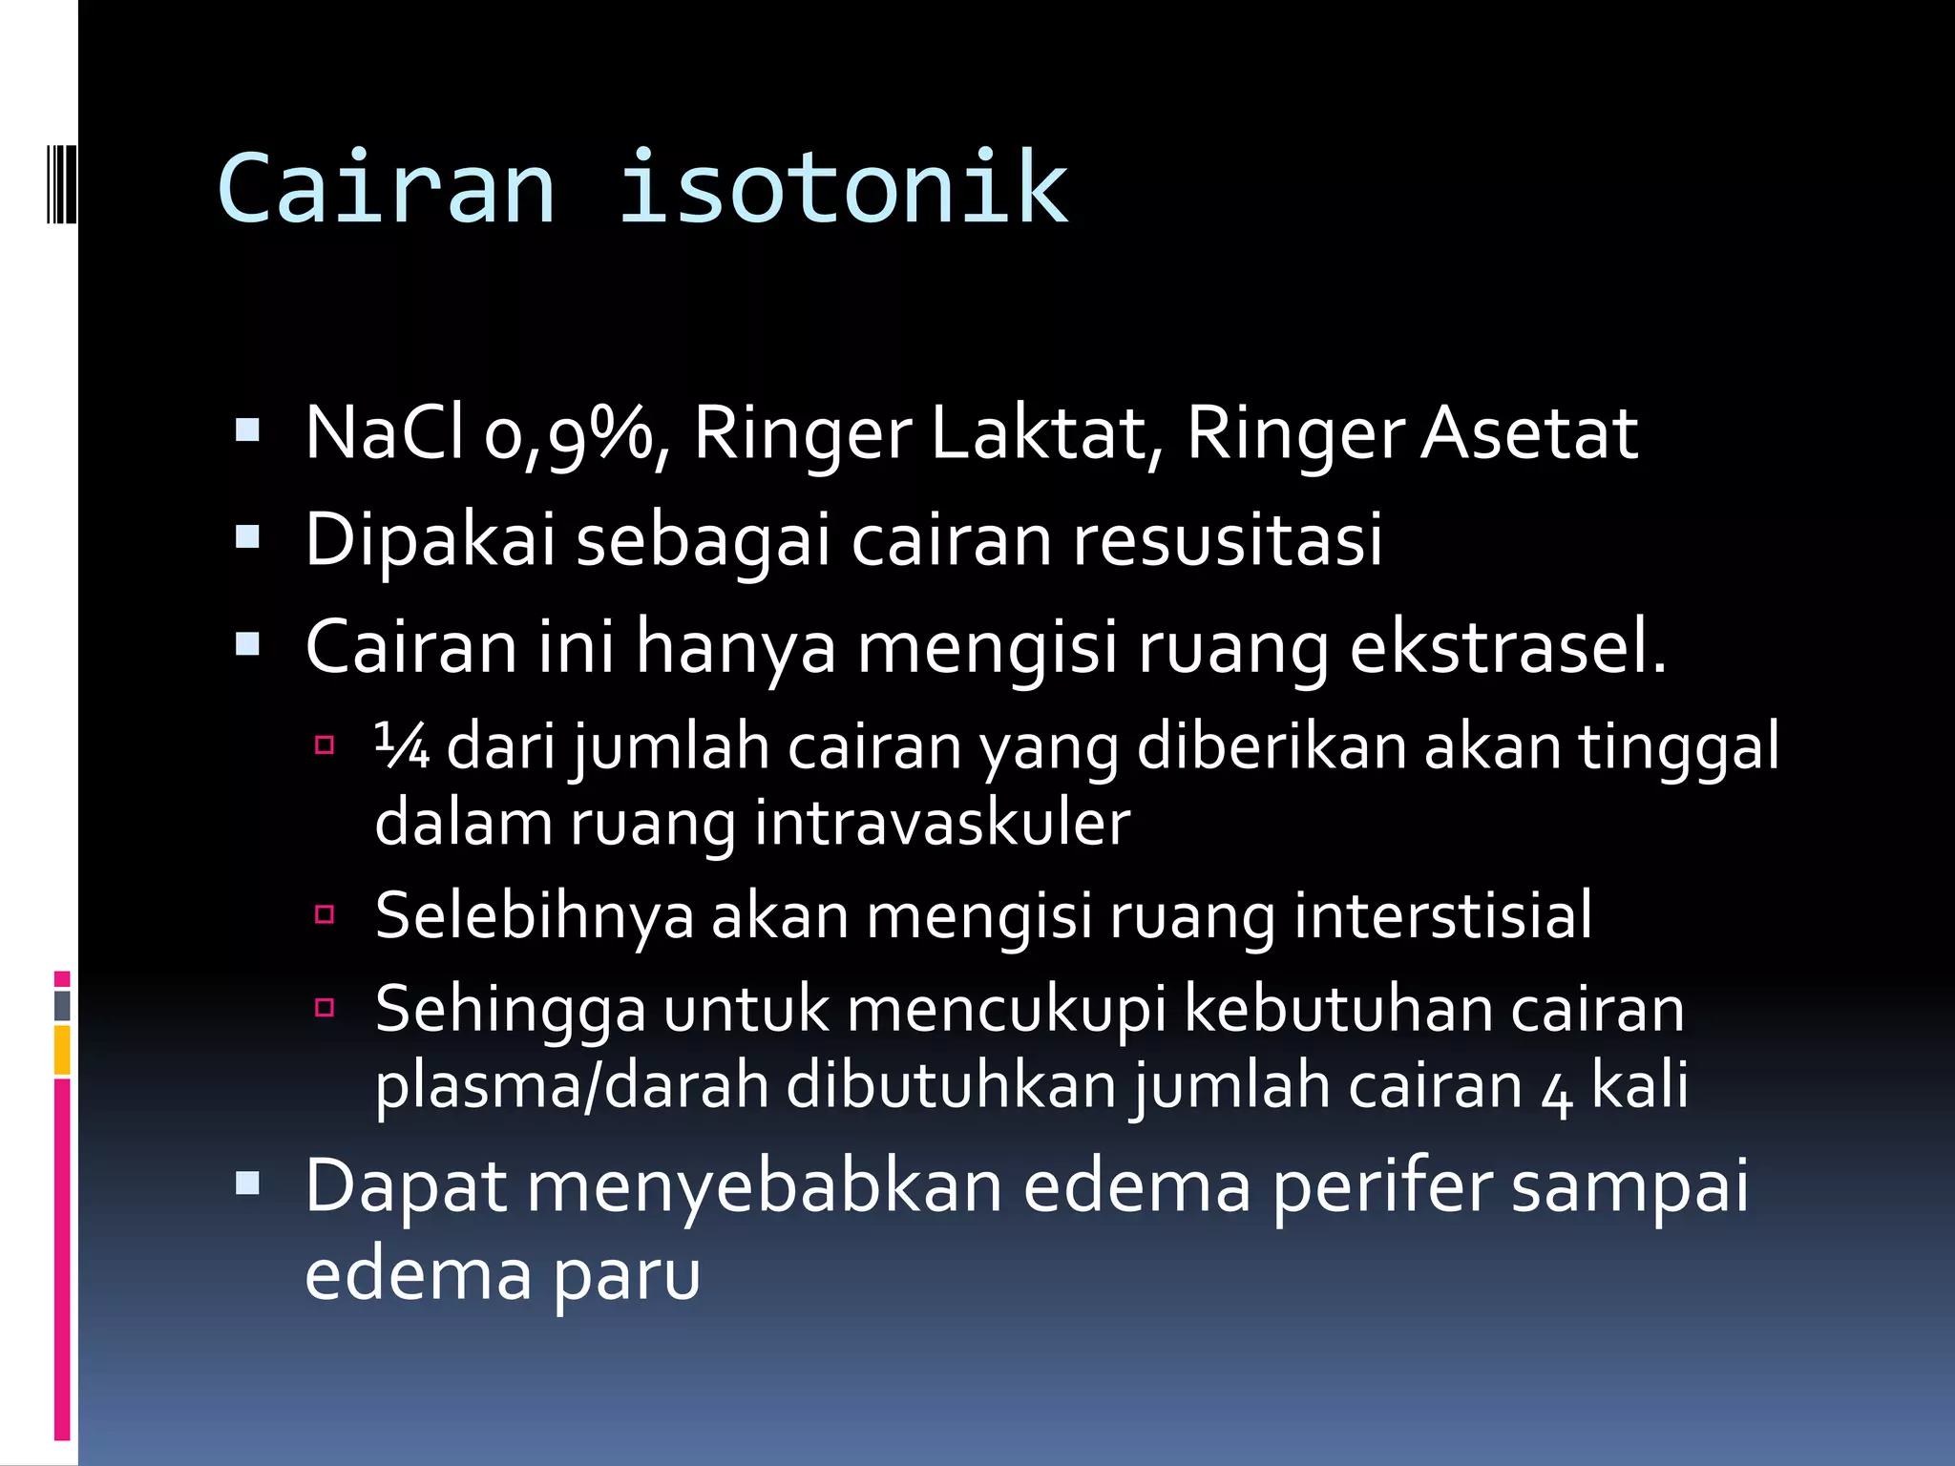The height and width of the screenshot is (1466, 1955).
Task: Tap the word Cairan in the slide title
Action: coord(387,189)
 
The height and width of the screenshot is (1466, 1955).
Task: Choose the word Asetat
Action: coord(1529,434)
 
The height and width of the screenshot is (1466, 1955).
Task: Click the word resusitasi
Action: coord(1228,540)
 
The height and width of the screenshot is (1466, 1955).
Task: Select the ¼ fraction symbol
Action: coord(402,746)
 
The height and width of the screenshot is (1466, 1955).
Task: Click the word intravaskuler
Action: coord(942,823)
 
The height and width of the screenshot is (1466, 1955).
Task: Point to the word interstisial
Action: coord(1442,915)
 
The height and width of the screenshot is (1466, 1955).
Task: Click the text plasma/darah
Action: coord(572,1087)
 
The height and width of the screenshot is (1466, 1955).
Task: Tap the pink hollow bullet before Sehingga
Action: coord(325,1007)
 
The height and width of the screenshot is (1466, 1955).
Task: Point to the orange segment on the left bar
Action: coord(62,1049)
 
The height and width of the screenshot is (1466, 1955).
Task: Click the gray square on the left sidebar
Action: coord(62,1005)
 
